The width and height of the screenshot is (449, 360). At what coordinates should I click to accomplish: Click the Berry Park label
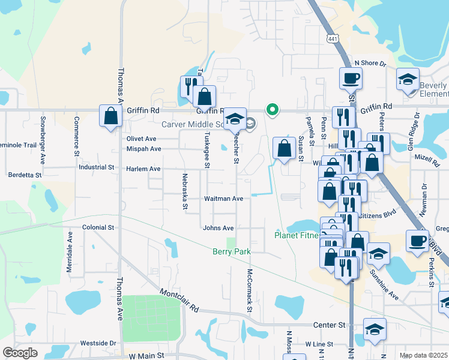click(231, 252)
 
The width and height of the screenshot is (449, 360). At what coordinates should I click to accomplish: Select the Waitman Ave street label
click(223, 199)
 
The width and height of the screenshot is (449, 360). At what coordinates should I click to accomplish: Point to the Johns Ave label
click(218, 228)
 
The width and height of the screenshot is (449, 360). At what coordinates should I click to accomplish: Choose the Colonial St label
click(98, 228)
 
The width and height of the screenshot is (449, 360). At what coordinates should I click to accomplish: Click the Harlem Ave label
click(143, 169)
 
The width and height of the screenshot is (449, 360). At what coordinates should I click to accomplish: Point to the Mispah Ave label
click(143, 149)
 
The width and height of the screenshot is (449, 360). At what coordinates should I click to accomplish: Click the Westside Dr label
click(98, 343)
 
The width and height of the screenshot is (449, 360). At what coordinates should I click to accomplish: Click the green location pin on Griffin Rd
click(272, 109)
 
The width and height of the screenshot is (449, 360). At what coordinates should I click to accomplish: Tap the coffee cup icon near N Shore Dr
click(350, 77)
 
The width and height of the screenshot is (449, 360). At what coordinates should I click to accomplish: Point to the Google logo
click(20, 352)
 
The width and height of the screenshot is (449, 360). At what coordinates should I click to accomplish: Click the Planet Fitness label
click(297, 235)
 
